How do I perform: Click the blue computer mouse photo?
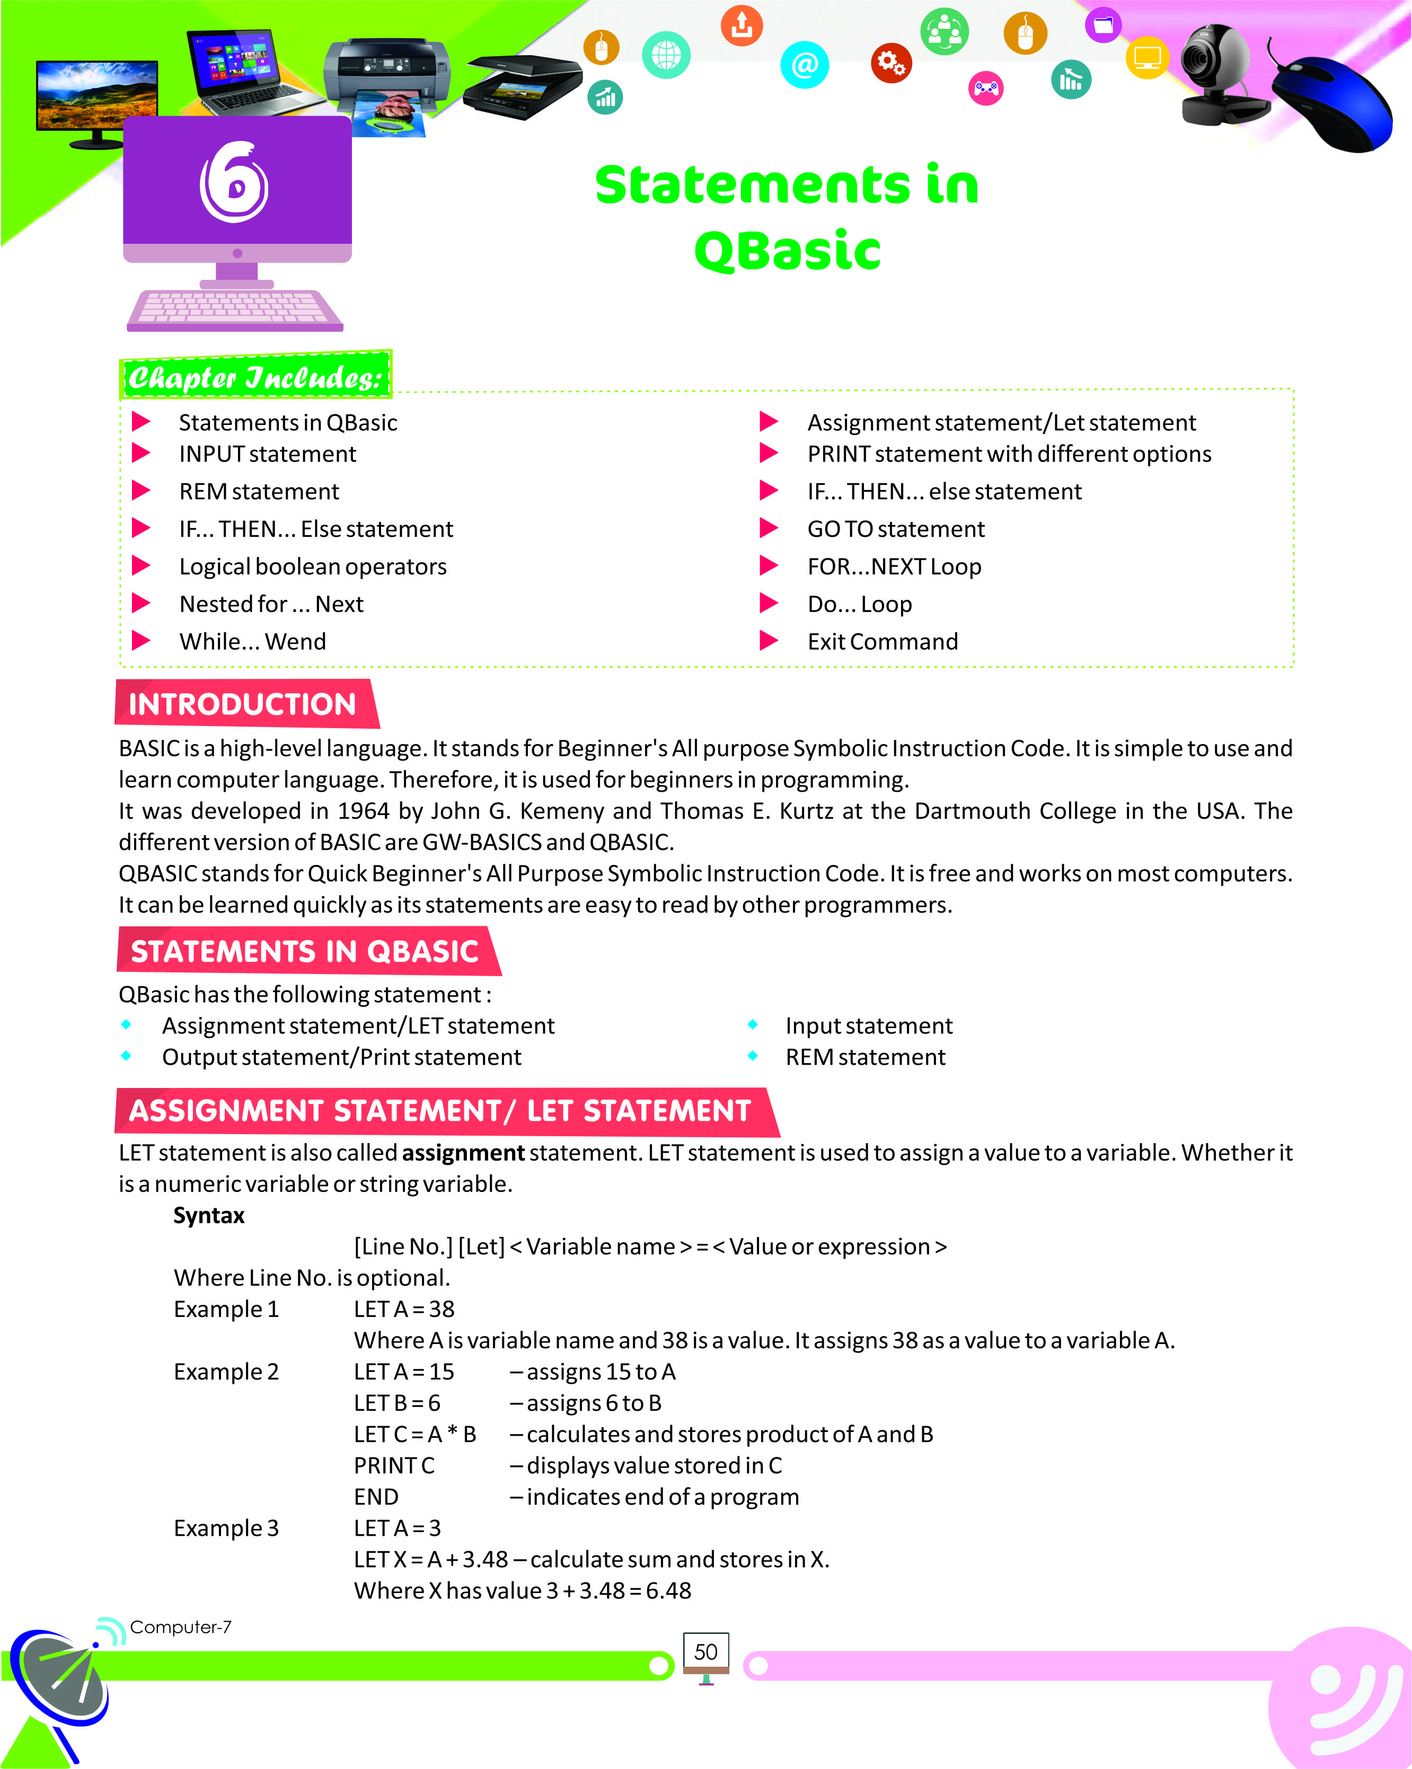(x=1333, y=103)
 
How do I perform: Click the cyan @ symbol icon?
(x=804, y=64)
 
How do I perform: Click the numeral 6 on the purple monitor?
(x=235, y=182)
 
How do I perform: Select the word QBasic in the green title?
(x=787, y=250)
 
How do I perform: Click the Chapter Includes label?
(x=255, y=377)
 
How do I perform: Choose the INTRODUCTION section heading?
(x=243, y=704)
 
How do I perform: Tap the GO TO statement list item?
(x=895, y=529)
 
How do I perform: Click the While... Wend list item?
(x=253, y=642)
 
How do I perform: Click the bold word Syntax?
(x=208, y=1215)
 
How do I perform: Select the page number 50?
(x=705, y=1652)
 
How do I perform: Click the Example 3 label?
(x=226, y=1528)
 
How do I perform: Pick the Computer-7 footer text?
(x=181, y=1627)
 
